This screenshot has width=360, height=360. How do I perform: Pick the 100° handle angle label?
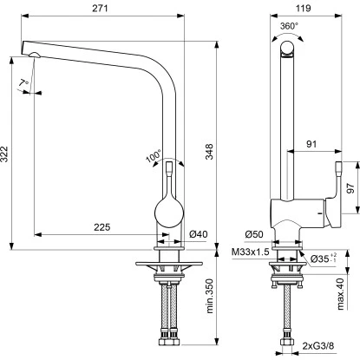point(154,156)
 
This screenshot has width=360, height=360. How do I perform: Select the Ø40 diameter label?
point(196,258)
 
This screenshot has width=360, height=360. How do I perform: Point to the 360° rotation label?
point(289,26)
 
